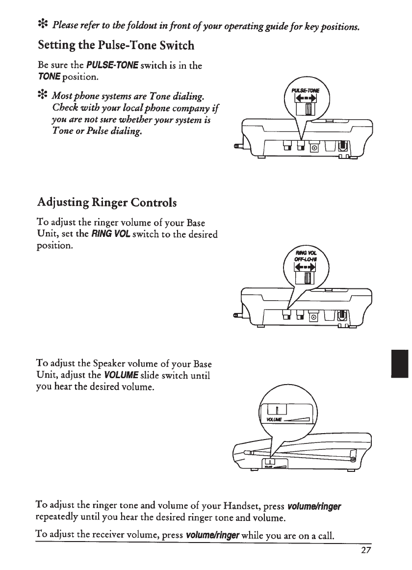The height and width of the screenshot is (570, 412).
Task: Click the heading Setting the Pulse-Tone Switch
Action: [x=116, y=46]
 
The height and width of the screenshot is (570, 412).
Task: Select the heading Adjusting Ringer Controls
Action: [x=114, y=202]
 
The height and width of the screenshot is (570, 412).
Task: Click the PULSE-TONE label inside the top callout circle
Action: [x=306, y=90]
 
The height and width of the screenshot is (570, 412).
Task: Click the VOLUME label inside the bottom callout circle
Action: [x=274, y=419]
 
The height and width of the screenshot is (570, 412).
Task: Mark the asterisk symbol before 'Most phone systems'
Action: [x=43, y=94]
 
